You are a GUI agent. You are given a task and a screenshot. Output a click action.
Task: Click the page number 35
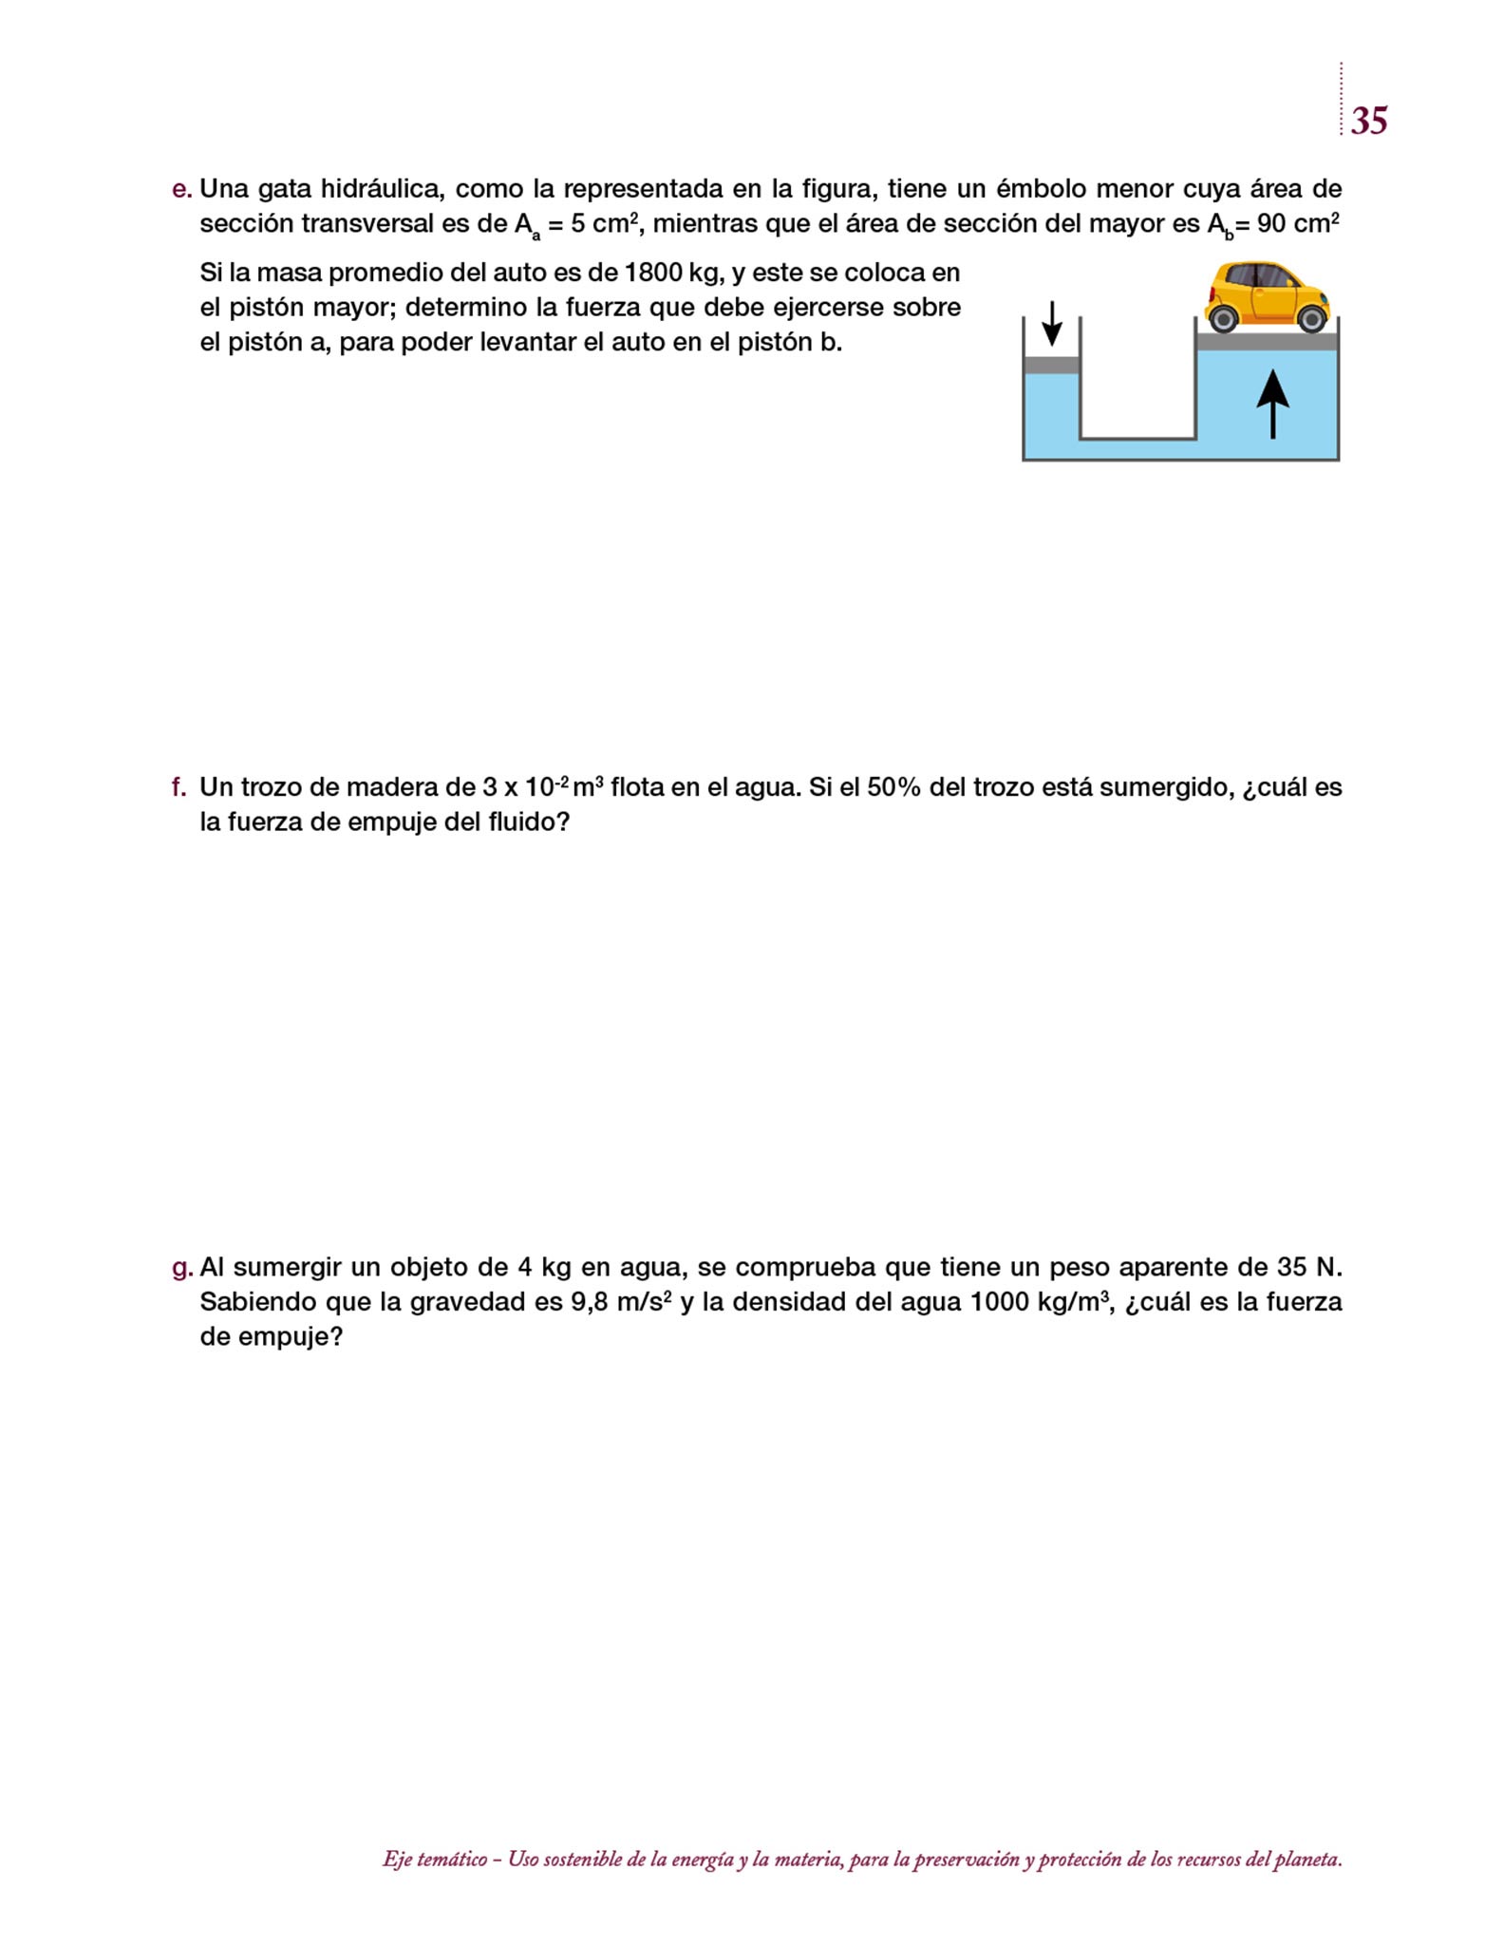(x=1368, y=121)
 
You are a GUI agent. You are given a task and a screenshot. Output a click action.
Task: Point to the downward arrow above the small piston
(x=1052, y=324)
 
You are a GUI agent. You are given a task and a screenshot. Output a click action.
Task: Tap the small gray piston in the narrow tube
(x=1052, y=365)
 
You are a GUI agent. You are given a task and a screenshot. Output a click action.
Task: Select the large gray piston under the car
(x=1267, y=342)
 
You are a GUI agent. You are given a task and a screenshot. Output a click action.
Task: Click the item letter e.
(x=181, y=189)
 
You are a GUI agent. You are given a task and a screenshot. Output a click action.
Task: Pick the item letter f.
(x=179, y=787)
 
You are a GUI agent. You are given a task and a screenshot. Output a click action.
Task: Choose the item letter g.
(x=181, y=1268)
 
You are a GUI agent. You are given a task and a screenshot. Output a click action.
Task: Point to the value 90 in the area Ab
(x=1271, y=224)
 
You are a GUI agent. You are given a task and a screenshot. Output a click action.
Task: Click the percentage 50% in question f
(x=893, y=787)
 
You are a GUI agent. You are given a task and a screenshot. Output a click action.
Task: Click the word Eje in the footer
(x=396, y=1860)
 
